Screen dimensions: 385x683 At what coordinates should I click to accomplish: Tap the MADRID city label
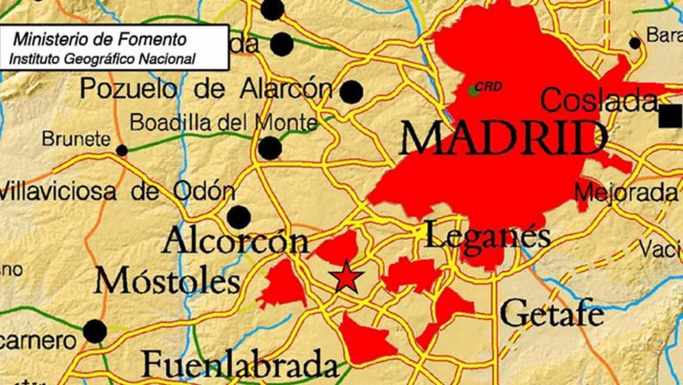click(x=504, y=138)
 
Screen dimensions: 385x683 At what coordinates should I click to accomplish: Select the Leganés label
click(x=488, y=236)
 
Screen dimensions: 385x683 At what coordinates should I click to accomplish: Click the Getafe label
click(x=552, y=314)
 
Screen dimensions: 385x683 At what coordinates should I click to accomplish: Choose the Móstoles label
click(x=167, y=282)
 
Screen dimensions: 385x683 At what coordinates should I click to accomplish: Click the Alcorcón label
click(x=236, y=241)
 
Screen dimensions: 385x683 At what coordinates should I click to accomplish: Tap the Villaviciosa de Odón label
click(x=117, y=191)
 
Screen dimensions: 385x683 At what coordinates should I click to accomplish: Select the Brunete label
click(x=76, y=139)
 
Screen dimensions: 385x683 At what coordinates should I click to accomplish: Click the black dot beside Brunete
click(x=122, y=150)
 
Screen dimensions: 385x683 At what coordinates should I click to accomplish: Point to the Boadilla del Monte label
click(x=224, y=123)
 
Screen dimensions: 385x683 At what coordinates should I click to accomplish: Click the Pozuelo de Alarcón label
click(x=206, y=88)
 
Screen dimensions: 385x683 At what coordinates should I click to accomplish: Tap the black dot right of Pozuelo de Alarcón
click(x=352, y=92)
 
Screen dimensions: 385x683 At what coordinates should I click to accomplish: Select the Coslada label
click(x=598, y=101)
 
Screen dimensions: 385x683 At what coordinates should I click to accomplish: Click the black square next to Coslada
click(x=671, y=116)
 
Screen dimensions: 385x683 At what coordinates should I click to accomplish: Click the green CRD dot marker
click(x=472, y=90)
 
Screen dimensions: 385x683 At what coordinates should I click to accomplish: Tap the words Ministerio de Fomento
click(x=100, y=40)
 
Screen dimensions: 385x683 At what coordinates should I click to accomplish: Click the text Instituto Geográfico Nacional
click(x=102, y=59)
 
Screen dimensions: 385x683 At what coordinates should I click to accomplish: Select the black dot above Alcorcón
click(x=239, y=217)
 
